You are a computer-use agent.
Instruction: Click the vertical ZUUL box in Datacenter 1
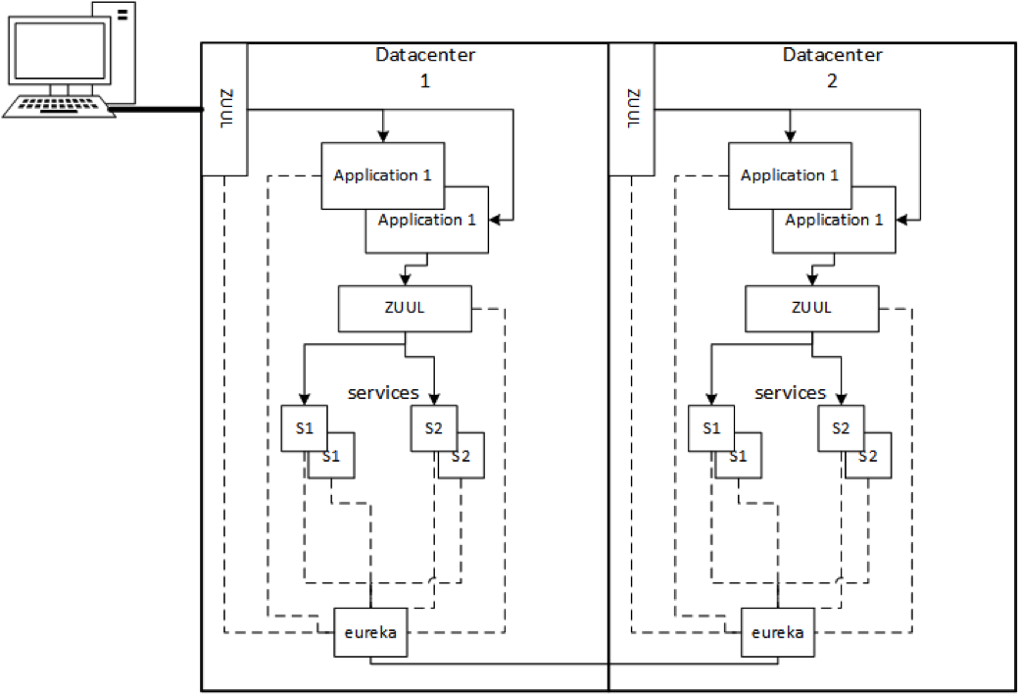pyautogui.click(x=223, y=110)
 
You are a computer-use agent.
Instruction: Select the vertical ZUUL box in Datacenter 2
pyautogui.click(x=632, y=110)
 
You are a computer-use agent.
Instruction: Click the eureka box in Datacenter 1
pyautogui.click(x=370, y=632)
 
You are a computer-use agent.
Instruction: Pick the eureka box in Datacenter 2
pyautogui.click(x=779, y=632)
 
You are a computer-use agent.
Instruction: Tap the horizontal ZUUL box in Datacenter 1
pyautogui.click(x=404, y=308)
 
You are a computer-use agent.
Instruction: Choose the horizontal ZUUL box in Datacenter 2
pyautogui.click(x=811, y=308)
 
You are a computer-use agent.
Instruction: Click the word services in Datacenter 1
pyautogui.click(x=383, y=393)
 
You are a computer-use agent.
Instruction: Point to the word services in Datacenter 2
pyautogui.click(x=791, y=393)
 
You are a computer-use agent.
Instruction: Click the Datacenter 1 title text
pyautogui.click(x=425, y=67)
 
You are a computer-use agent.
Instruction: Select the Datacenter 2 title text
pyautogui.click(x=832, y=67)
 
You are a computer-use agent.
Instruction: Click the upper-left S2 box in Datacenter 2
pyautogui.click(x=839, y=427)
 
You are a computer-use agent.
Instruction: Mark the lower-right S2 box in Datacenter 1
pyautogui.click(x=462, y=457)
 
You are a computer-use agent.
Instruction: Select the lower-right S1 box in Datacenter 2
pyautogui.click(x=739, y=457)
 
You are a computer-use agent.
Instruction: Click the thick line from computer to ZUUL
pyautogui.click(x=157, y=110)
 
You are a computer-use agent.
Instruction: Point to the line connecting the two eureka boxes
pyautogui.click(x=578, y=665)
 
